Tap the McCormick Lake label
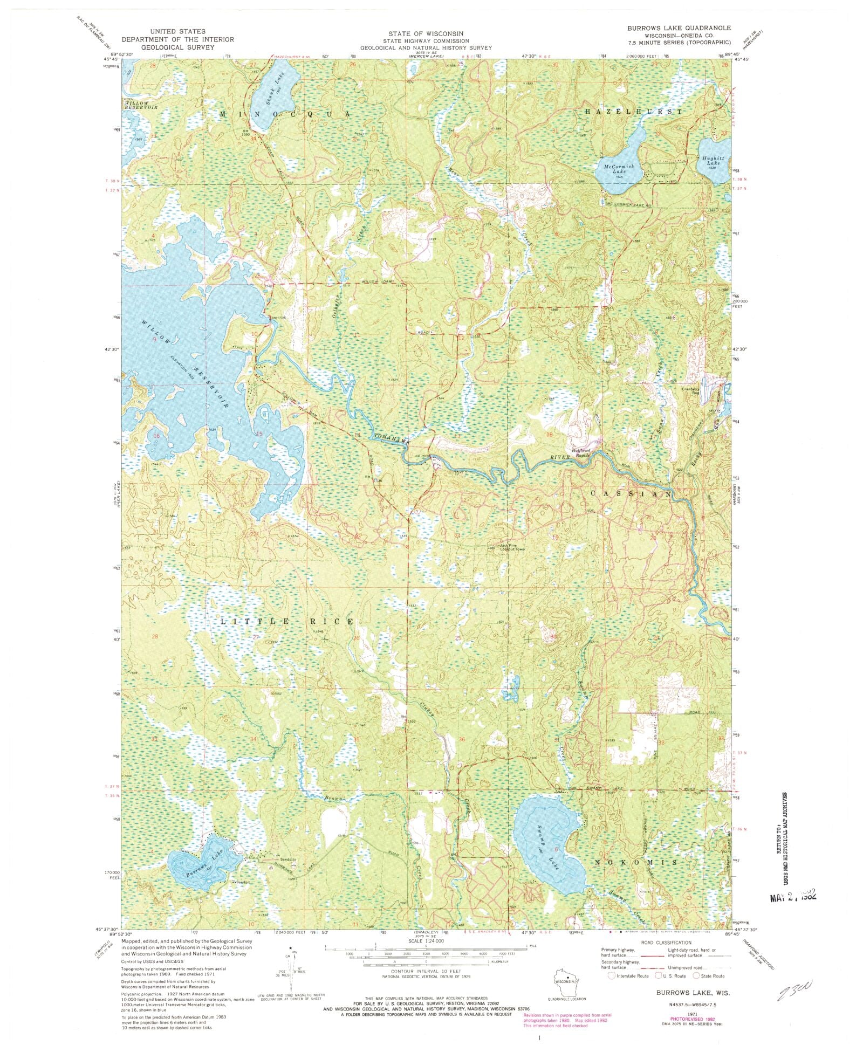[x=615, y=168]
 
